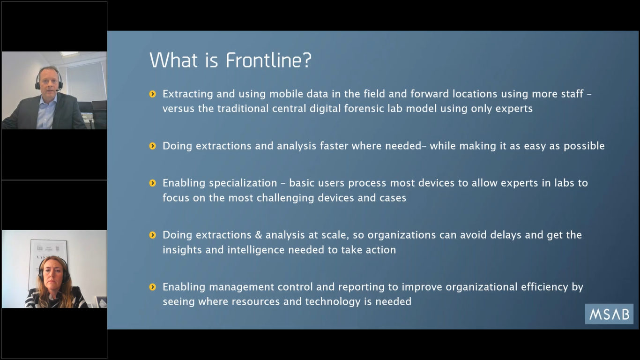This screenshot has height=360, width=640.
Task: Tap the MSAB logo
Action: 609,314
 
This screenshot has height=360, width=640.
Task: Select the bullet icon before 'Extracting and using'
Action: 152,94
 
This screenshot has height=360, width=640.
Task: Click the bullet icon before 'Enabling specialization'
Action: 152,183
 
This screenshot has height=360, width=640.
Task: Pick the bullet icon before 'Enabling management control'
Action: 152,287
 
